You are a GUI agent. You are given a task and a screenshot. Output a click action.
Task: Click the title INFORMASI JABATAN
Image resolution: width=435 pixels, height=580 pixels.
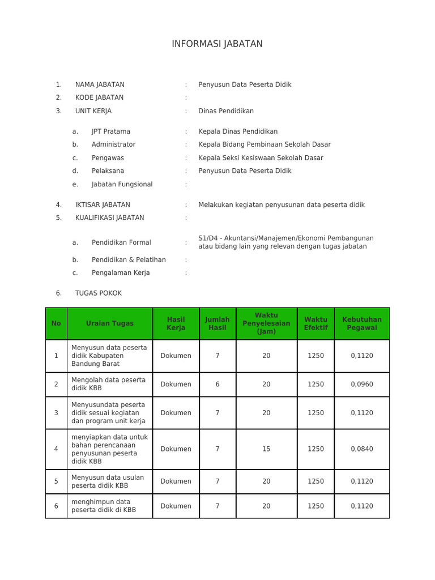tap(217, 44)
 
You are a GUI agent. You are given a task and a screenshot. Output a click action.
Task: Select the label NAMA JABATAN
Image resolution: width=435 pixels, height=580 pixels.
tap(100, 84)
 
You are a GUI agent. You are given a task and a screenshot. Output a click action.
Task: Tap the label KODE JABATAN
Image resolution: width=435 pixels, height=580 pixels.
tap(99, 97)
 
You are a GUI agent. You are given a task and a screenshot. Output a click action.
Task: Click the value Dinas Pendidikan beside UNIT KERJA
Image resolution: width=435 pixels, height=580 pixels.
tap(225, 111)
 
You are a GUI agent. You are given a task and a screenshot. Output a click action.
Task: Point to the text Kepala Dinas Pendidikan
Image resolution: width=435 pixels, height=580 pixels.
tap(238, 131)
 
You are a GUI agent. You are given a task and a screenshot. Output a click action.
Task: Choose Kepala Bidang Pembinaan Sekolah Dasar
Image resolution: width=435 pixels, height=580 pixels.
tap(264, 144)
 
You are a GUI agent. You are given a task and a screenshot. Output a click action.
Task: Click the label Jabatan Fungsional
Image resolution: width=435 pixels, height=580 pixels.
tap(122, 184)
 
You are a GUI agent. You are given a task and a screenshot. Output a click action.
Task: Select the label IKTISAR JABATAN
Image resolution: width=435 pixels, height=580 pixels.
tap(103, 204)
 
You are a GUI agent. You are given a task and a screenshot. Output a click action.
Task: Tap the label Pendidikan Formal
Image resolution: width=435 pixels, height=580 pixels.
tap(121, 242)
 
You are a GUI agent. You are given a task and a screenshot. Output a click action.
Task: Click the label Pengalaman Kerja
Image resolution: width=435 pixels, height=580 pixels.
tap(121, 272)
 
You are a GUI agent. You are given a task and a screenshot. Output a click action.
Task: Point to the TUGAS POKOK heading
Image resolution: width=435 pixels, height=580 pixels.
tap(98, 293)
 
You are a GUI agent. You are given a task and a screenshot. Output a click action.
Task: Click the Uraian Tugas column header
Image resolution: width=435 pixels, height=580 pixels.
tap(110, 323)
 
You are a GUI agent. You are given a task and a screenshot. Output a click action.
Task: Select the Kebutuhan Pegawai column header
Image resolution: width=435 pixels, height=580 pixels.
tap(361, 323)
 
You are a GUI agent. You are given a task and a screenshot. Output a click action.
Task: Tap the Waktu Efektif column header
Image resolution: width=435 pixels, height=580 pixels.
tap(315, 323)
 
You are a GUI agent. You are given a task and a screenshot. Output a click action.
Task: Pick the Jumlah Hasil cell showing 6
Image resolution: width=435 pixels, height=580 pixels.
tap(217, 384)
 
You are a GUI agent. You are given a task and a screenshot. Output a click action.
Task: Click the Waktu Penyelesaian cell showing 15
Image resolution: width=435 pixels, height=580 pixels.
tap(266, 449)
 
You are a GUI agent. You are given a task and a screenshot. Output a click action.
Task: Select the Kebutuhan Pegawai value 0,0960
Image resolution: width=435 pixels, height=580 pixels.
tap(361, 384)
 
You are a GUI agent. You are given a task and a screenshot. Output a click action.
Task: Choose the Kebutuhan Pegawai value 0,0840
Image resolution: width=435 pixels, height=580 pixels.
tap(361, 449)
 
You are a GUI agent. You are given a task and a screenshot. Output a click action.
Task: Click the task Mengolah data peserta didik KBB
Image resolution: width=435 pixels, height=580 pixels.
tap(108, 384)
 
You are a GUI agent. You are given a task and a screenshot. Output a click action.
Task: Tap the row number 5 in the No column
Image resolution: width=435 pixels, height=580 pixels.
tap(56, 481)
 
